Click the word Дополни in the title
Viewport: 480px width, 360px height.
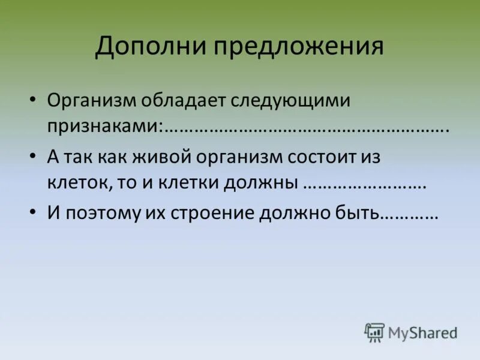click(x=148, y=47)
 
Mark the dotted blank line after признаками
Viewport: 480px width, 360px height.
click(x=306, y=128)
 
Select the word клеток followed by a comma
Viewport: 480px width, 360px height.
click(x=77, y=184)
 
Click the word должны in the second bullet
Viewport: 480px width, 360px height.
click(x=261, y=184)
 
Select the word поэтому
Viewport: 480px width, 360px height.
click(x=100, y=213)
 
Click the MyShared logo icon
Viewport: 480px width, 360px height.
click(x=375, y=332)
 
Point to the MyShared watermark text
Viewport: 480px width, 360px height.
click(x=422, y=332)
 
